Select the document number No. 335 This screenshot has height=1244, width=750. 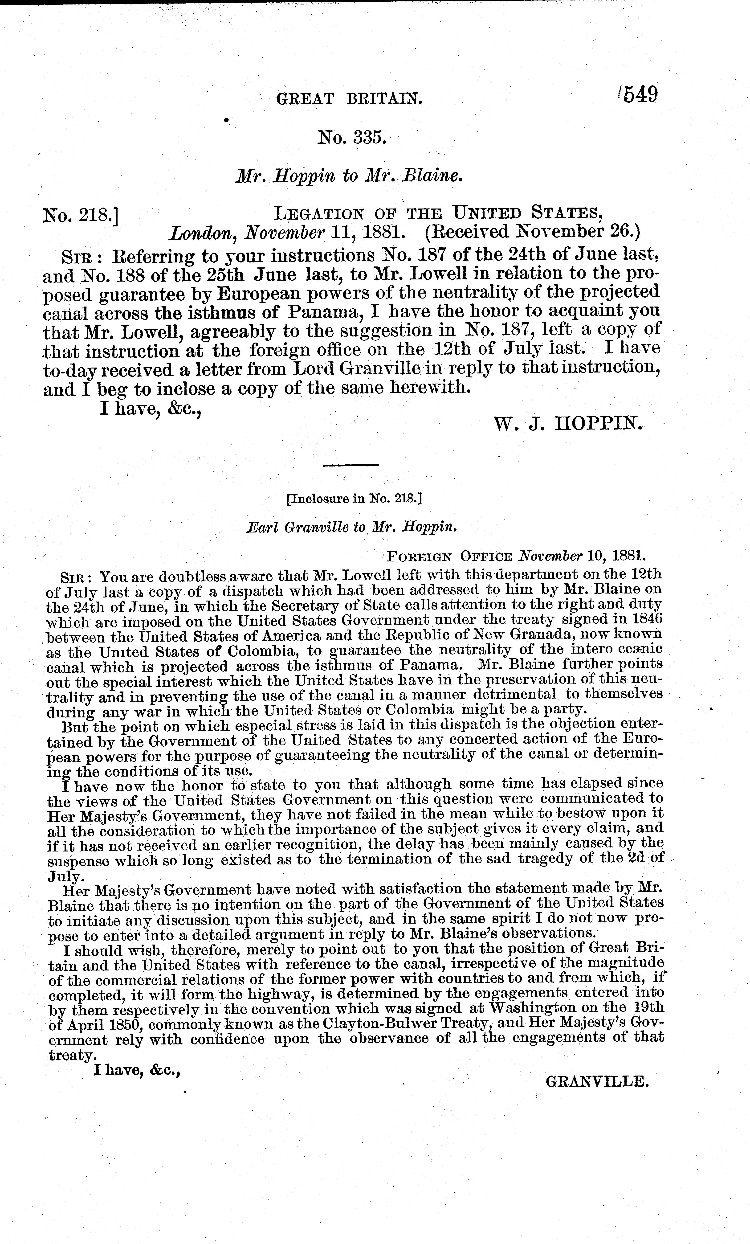point(351,137)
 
